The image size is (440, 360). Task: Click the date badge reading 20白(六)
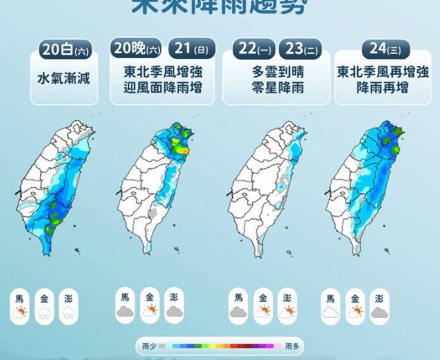[64, 49]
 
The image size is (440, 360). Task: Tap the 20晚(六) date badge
[137, 48]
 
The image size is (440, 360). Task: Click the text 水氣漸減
[64, 78]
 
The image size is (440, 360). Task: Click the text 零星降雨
[277, 87]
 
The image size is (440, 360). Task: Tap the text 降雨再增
[386, 87]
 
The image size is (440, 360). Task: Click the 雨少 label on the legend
[149, 346]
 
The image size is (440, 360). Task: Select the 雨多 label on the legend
[292, 346]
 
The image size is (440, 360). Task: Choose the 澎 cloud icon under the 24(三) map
[379, 311]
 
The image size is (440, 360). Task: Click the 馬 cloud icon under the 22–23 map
[239, 311]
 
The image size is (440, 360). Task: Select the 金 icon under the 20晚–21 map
[150, 310]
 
